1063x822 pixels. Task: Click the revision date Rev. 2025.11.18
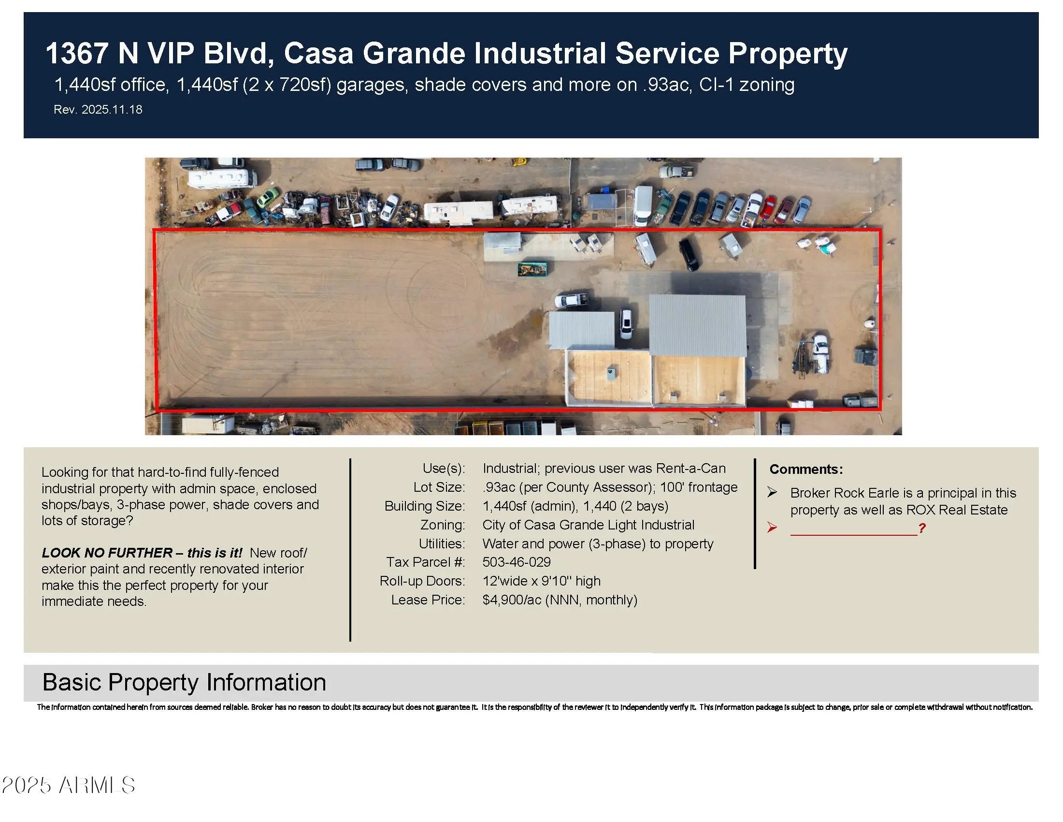tap(98, 110)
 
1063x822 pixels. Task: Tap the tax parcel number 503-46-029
tap(517, 562)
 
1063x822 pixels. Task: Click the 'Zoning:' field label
tap(443, 525)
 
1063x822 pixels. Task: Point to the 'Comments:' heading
tap(806, 470)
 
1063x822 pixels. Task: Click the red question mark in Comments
tap(921, 528)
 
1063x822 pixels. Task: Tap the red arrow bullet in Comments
tap(772, 528)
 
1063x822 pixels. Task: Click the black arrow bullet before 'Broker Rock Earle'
tap(772, 492)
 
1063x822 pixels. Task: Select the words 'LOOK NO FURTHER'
tap(107, 553)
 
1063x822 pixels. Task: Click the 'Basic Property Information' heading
tap(184, 682)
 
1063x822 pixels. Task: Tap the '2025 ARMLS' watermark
tap(69, 785)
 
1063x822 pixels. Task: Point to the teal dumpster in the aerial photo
tap(532, 269)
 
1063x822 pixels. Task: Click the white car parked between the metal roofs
tap(626, 323)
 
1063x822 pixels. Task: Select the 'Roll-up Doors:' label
tap(422, 581)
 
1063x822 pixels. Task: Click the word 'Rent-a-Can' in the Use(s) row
tap(690, 469)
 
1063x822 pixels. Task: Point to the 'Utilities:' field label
tap(442, 543)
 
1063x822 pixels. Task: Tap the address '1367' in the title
tap(76, 53)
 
